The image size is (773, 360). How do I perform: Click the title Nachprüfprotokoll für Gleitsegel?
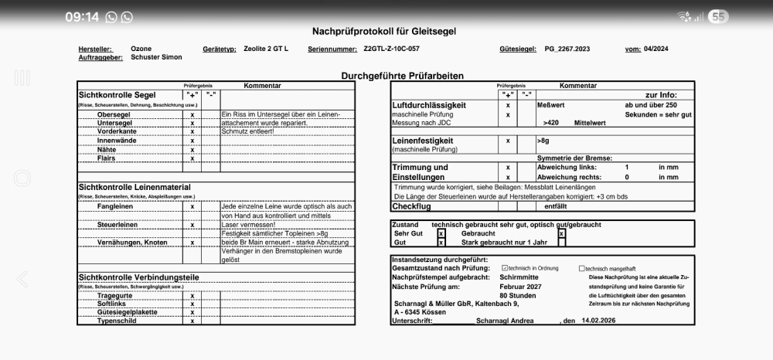click(x=383, y=32)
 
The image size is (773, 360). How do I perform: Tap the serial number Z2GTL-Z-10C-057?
click(x=391, y=49)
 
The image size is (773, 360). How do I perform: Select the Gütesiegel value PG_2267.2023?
click(x=567, y=49)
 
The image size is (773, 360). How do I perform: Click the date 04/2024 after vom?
click(x=656, y=49)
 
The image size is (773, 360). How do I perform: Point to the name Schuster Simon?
click(x=156, y=57)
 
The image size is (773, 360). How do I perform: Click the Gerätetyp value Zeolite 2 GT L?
click(x=266, y=49)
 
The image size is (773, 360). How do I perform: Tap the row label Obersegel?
click(x=113, y=114)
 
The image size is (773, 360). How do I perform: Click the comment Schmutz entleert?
click(x=250, y=131)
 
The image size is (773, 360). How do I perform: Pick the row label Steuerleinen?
click(x=117, y=225)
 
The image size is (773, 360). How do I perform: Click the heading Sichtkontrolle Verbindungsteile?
click(x=138, y=277)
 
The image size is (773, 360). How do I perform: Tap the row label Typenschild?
click(x=117, y=320)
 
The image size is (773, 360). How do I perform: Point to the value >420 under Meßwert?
click(x=551, y=123)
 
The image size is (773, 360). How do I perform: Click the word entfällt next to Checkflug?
click(x=555, y=206)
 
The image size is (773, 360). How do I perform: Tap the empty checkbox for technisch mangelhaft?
click(x=582, y=268)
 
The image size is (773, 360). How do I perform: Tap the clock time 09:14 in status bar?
click(x=82, y=17)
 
